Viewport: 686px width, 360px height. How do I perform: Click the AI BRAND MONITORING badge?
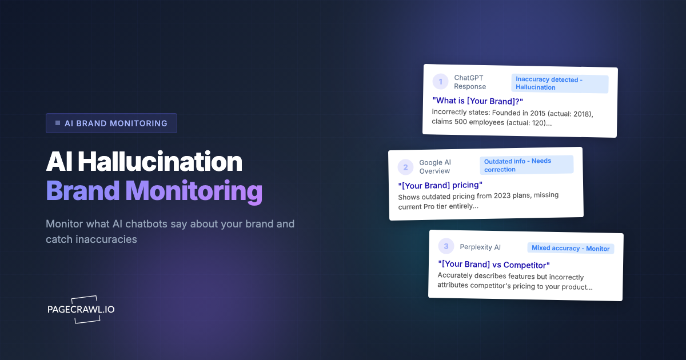111,123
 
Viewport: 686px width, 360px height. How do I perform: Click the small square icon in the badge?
58,123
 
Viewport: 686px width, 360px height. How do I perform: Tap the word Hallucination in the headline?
160,163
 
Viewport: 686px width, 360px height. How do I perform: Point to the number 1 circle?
441,82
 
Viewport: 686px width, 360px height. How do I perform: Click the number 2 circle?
405,167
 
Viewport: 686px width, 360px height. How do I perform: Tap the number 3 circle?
446,246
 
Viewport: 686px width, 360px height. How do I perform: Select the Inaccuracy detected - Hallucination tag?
559,83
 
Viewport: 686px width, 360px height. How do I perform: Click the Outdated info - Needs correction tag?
526,165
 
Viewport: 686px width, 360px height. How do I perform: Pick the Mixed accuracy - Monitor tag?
571,248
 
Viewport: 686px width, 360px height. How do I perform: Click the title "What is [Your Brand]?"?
477,101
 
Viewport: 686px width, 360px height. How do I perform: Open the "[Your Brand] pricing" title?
440,185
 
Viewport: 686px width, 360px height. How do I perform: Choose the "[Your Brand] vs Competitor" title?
493,265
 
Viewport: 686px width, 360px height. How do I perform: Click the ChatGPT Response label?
470,82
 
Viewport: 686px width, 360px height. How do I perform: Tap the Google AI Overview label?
435,167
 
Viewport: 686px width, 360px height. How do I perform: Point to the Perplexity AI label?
480,247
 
